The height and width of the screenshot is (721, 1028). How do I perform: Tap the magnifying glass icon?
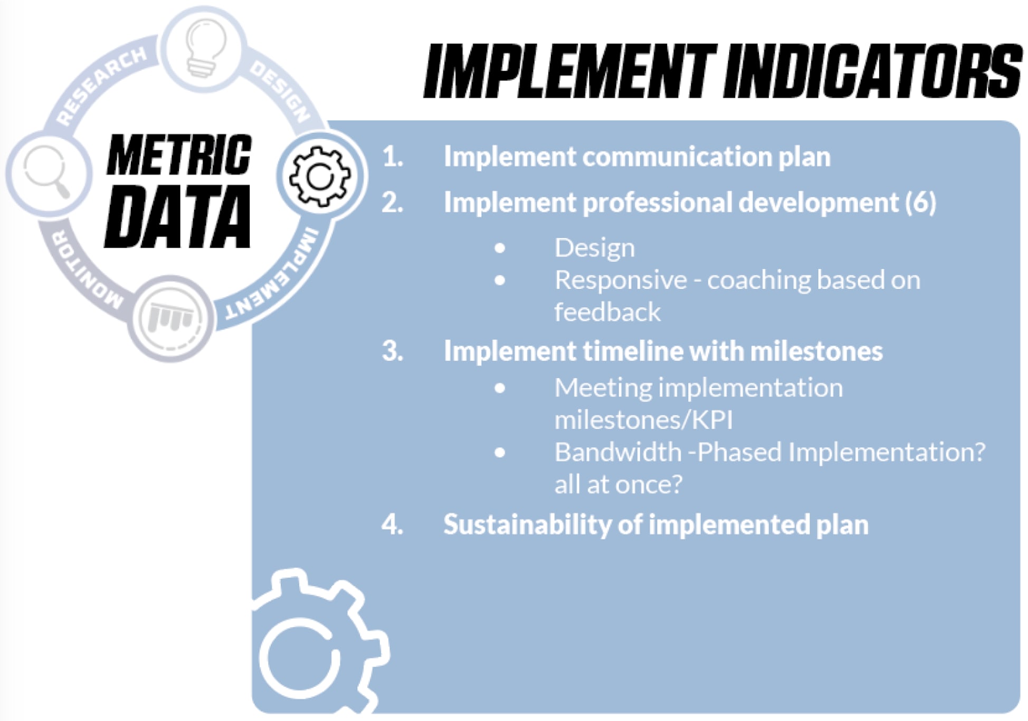[x=47, y=172]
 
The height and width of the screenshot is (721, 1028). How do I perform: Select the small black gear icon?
[x=320, y=176]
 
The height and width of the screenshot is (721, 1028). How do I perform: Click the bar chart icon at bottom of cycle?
[x=170, y=318]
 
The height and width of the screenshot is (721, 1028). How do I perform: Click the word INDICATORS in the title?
[x=873, y=71]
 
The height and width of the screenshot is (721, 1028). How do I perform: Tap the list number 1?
[x=393, y=157]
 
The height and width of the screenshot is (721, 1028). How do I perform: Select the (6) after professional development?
[x=921, y=202]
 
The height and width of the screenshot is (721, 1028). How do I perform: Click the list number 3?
[x=393, y=351]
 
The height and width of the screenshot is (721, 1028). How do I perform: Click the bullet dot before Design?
[x=500, y=248]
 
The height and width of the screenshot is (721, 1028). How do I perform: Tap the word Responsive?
[x=621, y=280]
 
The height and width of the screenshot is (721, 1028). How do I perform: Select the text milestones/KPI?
[x=644, y=420]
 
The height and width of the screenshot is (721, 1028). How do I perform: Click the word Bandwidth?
[x=618, y=452]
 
